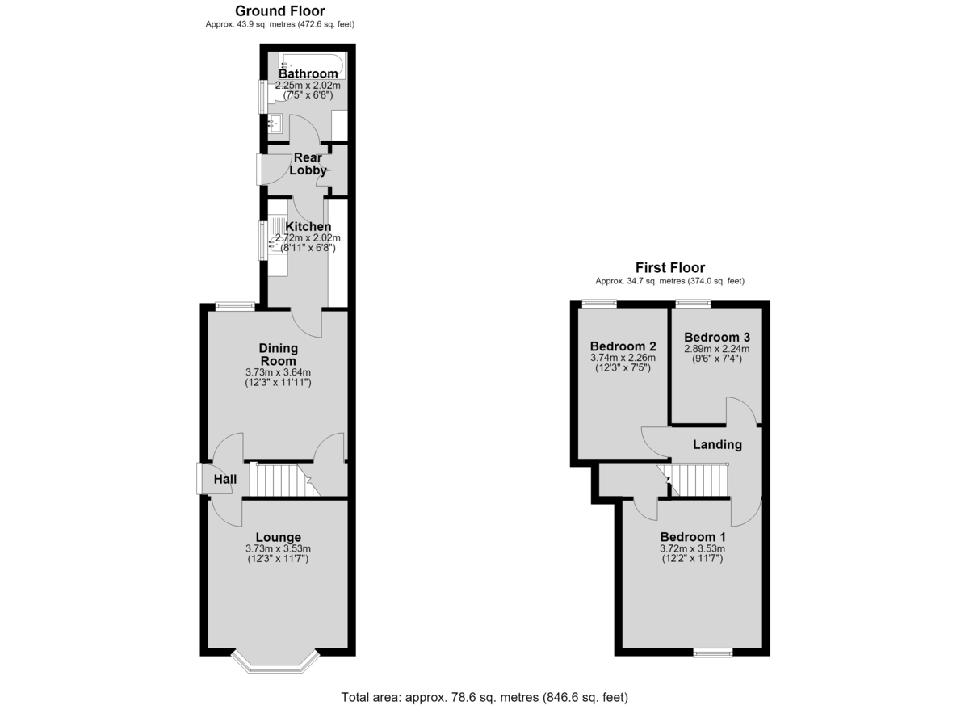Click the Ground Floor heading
pos(280,10)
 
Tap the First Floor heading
pos(670,268)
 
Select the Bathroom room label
pos(308,73)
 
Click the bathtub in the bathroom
pos(312,65)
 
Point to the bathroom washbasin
pos(275,124)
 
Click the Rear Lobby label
pos(308,164)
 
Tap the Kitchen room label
pos(308,226)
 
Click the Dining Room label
pos(278,355)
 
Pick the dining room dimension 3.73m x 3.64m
pos(278,372)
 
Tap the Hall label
pos(225,479)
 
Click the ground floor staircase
pos(284,480)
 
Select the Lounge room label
pos(278,537)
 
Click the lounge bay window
pos(275,662)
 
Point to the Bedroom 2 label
pos(623,346)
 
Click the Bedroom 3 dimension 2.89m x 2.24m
pos(717,349)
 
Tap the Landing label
pos(717,444)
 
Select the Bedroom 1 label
pos(693,537)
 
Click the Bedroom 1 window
pos(713,653)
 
